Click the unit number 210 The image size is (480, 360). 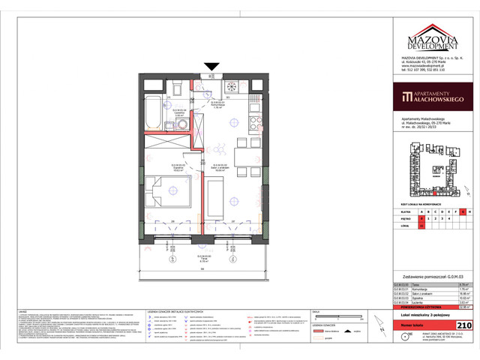[x=463, y=325]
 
